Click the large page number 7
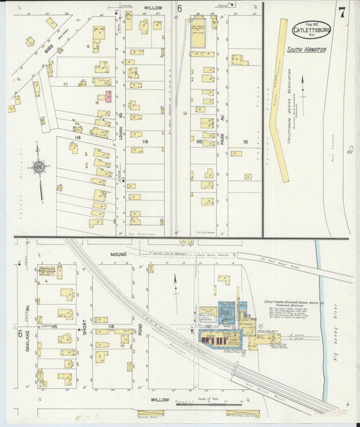(x=342, y=12)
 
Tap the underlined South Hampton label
(x=306, y=50)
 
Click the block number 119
(x=145, y=141)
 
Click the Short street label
(x=84, y=327)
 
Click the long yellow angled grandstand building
(x=278, y=101)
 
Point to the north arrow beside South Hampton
(x=302, y=86)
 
